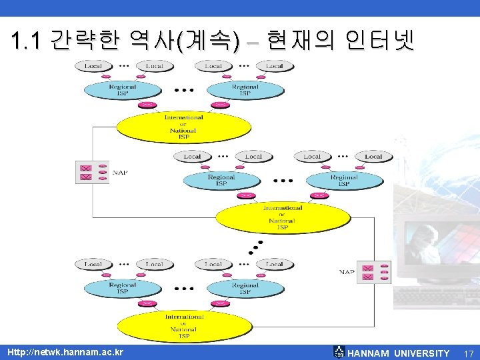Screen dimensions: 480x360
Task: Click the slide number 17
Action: coord(469,353)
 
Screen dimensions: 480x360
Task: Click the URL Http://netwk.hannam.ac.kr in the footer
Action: coord(65,352)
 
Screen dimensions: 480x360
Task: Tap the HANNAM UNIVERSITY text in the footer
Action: coord(399,353)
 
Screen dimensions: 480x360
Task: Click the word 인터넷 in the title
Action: coord(380,41)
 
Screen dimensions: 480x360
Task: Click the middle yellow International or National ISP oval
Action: coord(281,217)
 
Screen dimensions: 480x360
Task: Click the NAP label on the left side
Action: coord(120,172)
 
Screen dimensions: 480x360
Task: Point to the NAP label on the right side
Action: coord(346,272)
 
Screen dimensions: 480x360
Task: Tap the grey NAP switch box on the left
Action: coord(92,172)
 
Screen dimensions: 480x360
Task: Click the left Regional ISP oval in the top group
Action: coord(123,89)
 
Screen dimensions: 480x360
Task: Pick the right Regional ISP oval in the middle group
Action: coord(344,181)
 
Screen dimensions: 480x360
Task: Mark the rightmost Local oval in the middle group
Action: coord(373,157)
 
